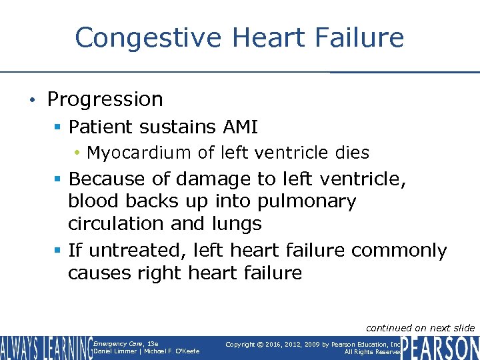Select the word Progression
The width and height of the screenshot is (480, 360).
tap(105, 99)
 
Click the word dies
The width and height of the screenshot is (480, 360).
tap(351, 153)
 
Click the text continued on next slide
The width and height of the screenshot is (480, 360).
tap(420, 327)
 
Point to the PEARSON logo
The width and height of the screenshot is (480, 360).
tap(440, 347)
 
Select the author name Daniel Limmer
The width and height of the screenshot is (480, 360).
tap(114, 351)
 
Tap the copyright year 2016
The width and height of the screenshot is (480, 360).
tap(275, 344)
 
